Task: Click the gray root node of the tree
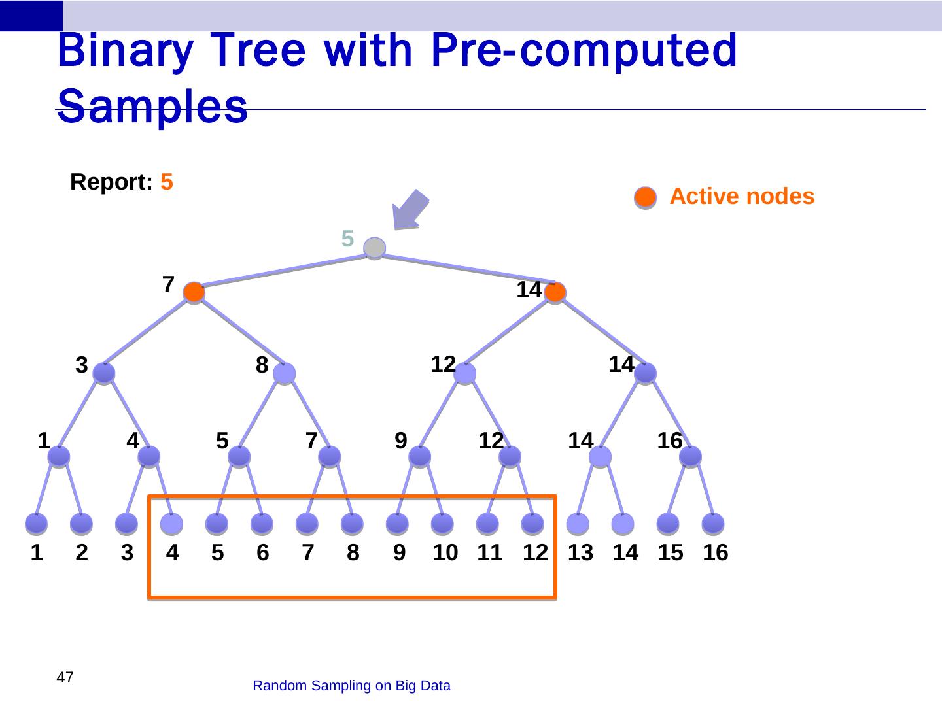pos(374,248)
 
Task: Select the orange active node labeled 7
pos(194,292)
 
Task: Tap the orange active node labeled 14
pos(555,292)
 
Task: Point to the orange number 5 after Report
pos(167,182)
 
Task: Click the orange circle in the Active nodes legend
pos(646,197)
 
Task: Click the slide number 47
pos(65,677)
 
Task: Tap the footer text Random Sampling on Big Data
pos(351,686)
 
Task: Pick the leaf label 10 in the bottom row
pos(445,553)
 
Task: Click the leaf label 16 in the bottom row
pos(715,553)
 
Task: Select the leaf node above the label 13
pos(578,524)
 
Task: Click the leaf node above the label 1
pos(37,524)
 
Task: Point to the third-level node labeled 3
pos(103,373)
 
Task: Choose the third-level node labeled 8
pos(284,373)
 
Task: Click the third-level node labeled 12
pos(464,373)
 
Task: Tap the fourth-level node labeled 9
pos(420,456)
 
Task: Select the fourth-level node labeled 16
pos(691,456)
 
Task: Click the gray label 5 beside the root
pos(347,239)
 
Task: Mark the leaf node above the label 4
pos(171,524)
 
